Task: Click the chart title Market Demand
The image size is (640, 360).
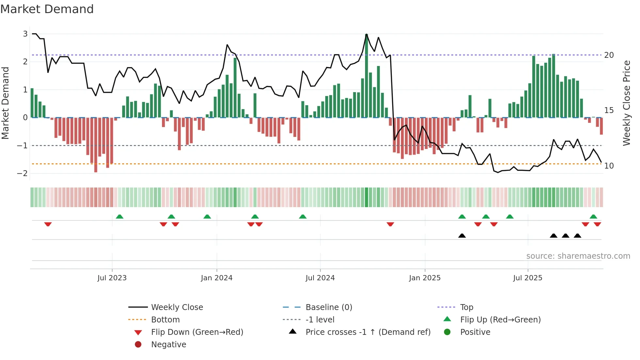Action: pyautogui.click(x=47, y=9)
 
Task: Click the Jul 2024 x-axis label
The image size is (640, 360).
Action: pyautogui.click(x=320, y=278)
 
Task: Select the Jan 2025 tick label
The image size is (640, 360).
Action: pyautogui.click(x=424, y=278)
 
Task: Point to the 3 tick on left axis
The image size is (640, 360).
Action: pyautogui.click(x=25, y=34)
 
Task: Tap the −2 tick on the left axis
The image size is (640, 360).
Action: pyautogui.click(x=23, y=173)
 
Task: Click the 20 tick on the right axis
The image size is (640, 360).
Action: pyautogui.click(x=609, y=55)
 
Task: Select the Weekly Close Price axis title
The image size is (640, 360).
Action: pyautogui.click(x=626, y=103)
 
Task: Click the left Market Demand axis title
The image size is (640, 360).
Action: pyautogui.click(x=6, y=103)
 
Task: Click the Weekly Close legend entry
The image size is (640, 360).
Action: pyautogui.click(x=177, y=307)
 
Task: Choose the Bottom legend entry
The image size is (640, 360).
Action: pyautogui.click(x=165, y=320)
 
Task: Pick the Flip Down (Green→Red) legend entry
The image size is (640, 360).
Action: pyautogui.click(x=197, y=332)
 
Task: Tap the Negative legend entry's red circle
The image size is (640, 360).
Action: pyautogui.click(x=138, y=345)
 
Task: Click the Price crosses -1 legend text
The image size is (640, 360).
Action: pyautogui.click(x=368, y=332)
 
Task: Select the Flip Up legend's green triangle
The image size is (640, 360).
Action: pyautogui.click(x=447, y=319)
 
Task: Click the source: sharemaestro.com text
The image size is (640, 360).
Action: pyautogui.click(x=578, y=256)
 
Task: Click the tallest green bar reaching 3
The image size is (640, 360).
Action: pyautogui.click(x=366, y=75)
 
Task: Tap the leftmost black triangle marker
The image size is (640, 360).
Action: pyautogui.click(x=462, y=236)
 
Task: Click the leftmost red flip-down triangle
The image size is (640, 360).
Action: pyautogui.click(x=48, y=224)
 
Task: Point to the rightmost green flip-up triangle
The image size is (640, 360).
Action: pyautogui.click(x=593, y=217)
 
